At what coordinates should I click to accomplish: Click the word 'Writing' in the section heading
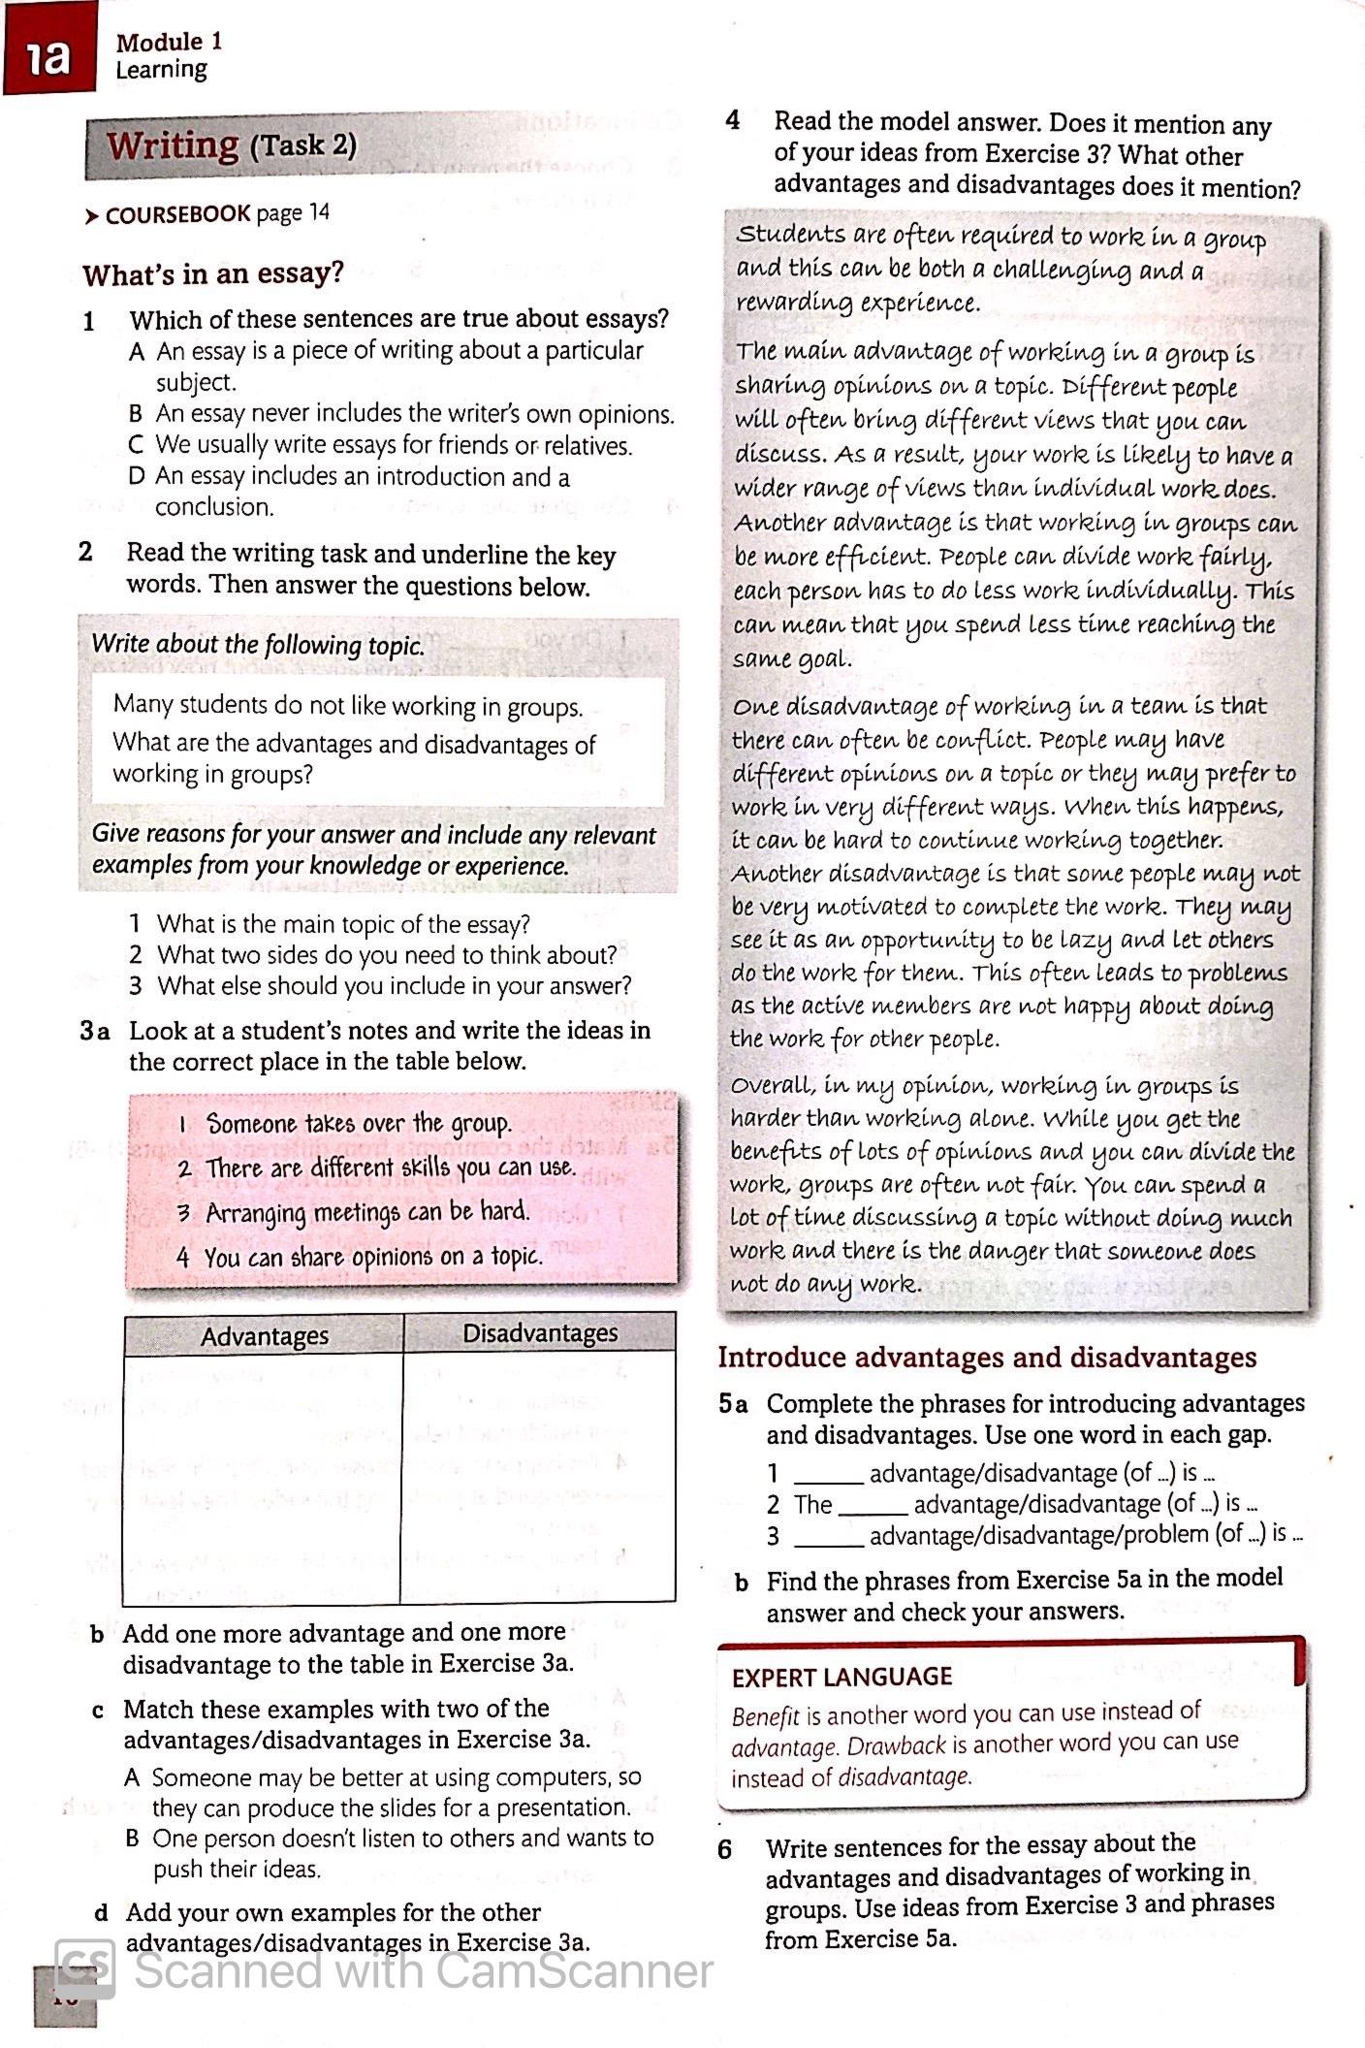pos(173,145)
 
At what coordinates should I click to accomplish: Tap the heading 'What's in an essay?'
pos(213,274)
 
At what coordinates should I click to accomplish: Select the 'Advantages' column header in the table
pos(264,1335)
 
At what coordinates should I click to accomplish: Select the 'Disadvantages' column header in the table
pos(540,1333)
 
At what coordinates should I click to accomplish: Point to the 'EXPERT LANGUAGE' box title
pos(841,1677)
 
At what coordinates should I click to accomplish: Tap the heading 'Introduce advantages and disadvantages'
pos(987,1358)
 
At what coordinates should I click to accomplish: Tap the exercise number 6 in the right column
pos(726,1848)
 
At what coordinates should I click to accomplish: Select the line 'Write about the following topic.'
pos(258,646)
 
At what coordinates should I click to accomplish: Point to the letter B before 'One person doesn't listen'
pos(134,1839)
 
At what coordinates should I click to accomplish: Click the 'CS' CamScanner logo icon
pos(85,1968)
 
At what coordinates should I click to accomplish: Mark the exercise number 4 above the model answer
pos(733,121)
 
